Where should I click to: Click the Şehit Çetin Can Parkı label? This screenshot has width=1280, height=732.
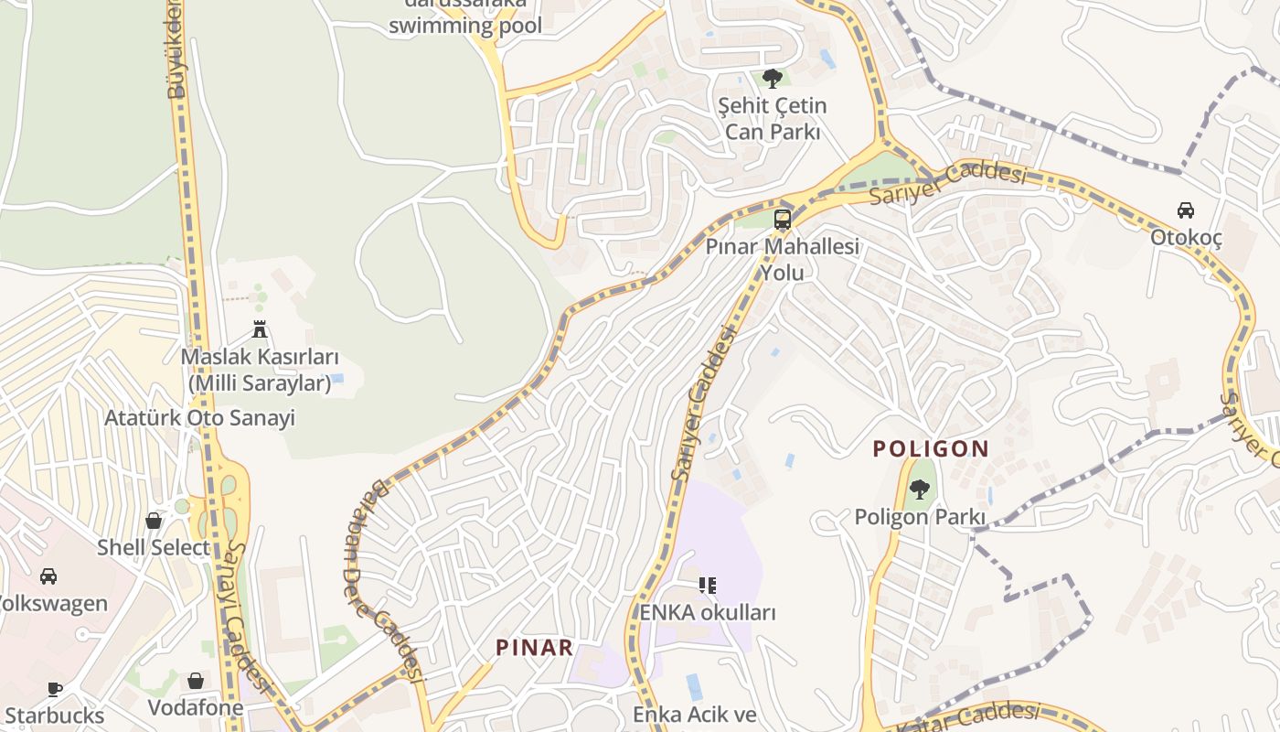(773, 119)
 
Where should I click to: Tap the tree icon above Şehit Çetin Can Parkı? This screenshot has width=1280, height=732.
(773, 78)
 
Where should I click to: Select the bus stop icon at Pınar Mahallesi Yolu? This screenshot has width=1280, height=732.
(783, 220)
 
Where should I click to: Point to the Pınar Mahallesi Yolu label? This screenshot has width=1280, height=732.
(783, 260)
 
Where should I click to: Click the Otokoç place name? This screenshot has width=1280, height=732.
(1186, 238)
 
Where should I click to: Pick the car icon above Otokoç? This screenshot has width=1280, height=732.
(1186, 210)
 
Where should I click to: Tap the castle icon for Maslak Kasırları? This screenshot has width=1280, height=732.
(260, 329)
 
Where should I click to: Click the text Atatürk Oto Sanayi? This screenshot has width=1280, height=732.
(200, 418)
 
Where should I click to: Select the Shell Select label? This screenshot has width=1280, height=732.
(154, 547)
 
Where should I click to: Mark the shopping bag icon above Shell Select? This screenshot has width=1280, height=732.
(154, 521)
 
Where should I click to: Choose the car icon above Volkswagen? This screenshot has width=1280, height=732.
(48, 576)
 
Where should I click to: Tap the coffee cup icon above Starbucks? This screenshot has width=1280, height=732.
(55, 689)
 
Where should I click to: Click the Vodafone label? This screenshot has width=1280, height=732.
(196, 707)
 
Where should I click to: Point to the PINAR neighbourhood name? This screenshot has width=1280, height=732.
(535, 648)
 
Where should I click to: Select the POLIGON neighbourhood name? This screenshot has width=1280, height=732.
(931, 448)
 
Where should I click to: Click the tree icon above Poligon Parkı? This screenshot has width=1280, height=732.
(921, 490)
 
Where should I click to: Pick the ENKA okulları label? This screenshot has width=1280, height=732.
(708, 612)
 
